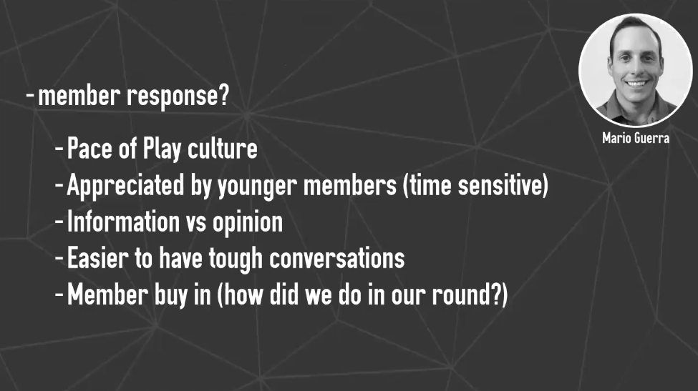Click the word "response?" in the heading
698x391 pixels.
click(178, 96)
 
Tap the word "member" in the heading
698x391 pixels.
click(79, 94)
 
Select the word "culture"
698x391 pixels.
click(223, 148)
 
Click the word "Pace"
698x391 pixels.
click(89, 149)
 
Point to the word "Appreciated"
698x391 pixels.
click(125, 186)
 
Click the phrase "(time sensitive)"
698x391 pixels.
click(475, 185)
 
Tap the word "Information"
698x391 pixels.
click(123, 222)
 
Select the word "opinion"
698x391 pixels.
click(248, 222)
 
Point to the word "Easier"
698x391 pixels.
click(97, 258)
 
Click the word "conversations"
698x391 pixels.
click(337, 258)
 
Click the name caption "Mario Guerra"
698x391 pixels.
click(636, 138)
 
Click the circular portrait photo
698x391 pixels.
click(636, 70)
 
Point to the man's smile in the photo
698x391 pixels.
click(636, 83)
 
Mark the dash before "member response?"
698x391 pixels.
click(30, 95)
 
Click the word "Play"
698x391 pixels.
click(162, 149)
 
